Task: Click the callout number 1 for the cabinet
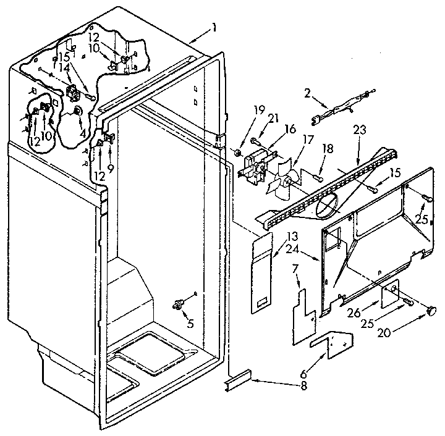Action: (213, 28)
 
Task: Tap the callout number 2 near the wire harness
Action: (307, 94)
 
